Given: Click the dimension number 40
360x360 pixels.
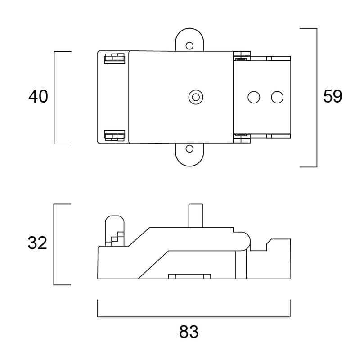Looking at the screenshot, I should point(38,97).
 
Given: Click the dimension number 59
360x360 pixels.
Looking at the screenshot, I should point(333,97).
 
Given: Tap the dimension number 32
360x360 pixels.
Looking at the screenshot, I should point(37,243).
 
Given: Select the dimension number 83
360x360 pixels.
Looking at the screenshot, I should point(189,333).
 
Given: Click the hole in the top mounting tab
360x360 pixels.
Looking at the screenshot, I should point(189,45).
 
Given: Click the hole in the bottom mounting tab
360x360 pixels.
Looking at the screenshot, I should point(189,149).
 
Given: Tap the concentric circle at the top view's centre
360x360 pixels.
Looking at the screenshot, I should point(196,96).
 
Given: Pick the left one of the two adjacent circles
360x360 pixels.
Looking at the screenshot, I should point(254,96).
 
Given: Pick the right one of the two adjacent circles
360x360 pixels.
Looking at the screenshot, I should point(276,96).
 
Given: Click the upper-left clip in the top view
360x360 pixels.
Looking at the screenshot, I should point(114,58).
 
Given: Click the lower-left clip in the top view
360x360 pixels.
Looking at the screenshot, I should point(114,136).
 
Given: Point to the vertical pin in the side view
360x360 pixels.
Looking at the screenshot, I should point(196,215).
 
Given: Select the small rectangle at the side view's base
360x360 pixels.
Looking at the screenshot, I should point(189,276).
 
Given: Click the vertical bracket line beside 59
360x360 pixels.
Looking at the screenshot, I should point(317,97).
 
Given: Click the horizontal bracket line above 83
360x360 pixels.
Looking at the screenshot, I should point(193,316).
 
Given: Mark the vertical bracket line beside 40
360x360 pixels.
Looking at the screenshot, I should point(54,97).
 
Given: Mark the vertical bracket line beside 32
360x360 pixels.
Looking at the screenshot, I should point(54,244).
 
